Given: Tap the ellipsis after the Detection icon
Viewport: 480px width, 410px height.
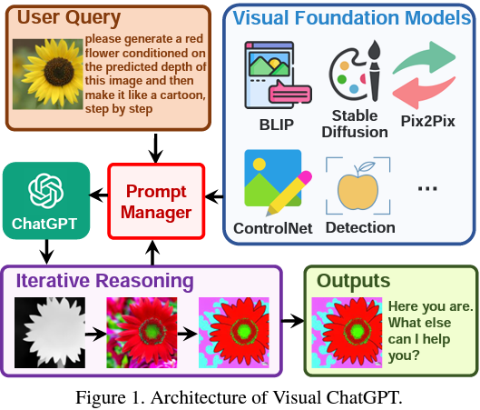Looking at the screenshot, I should coord(427,186).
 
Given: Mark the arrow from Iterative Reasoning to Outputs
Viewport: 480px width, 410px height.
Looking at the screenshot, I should coord(292,321).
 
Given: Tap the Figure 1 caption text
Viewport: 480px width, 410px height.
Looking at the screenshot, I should coord(239,396).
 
